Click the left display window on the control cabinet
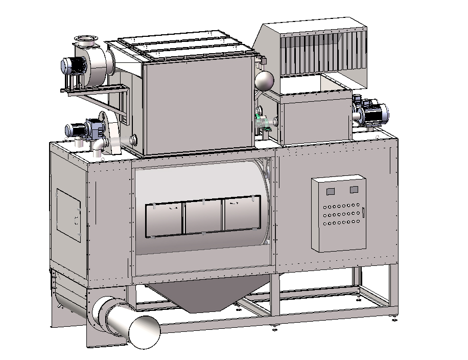point(330,191)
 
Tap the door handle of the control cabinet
point(363,213)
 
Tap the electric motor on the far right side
point(375,112)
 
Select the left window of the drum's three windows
point(164,218)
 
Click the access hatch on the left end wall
point(68,214)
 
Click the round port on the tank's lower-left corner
point(135,139)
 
